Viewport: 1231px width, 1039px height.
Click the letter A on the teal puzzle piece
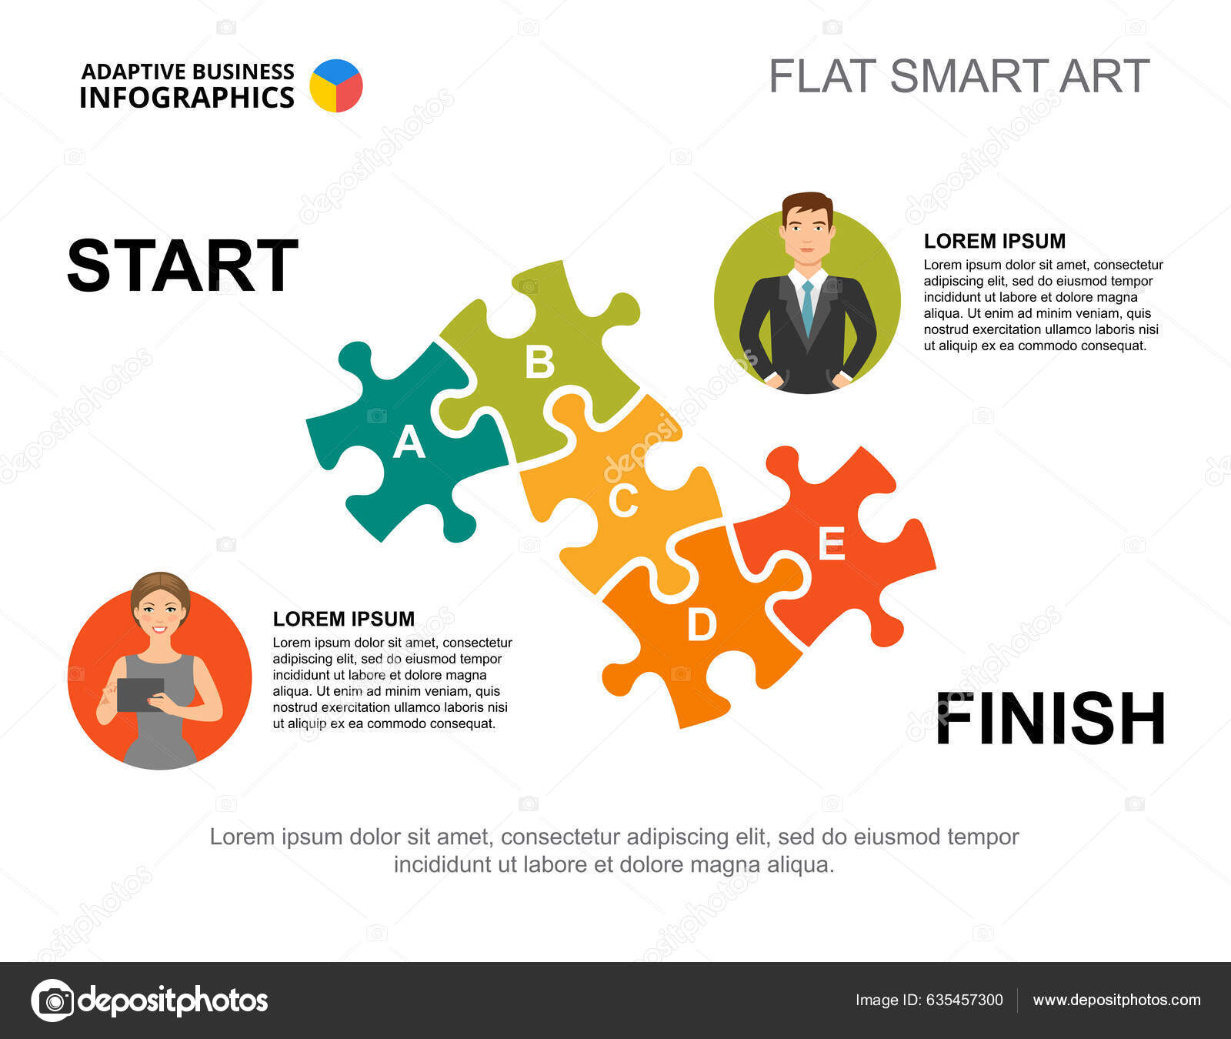point(409,443)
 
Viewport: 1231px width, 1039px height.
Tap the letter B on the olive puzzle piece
point(539,361)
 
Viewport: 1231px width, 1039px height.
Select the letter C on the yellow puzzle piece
point(623,500)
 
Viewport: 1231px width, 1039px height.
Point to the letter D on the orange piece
point(701,624)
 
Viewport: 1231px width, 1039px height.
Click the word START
point(182,266)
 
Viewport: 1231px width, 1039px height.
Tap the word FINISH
point(1050,719)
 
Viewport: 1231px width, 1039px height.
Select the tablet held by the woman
point(140,694)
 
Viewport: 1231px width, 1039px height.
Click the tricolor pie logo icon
point(336,85)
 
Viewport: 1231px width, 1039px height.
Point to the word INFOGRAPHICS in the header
point(187,99)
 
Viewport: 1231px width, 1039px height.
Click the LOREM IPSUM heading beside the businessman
point(994,241)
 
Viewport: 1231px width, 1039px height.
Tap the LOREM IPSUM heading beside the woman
point(343,619)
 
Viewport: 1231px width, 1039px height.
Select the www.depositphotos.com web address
point(1116,1000)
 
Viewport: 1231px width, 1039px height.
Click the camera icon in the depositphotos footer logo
point(53,1001)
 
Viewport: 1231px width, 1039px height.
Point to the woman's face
point(160,610)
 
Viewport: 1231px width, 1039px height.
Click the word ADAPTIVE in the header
point(134,72)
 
